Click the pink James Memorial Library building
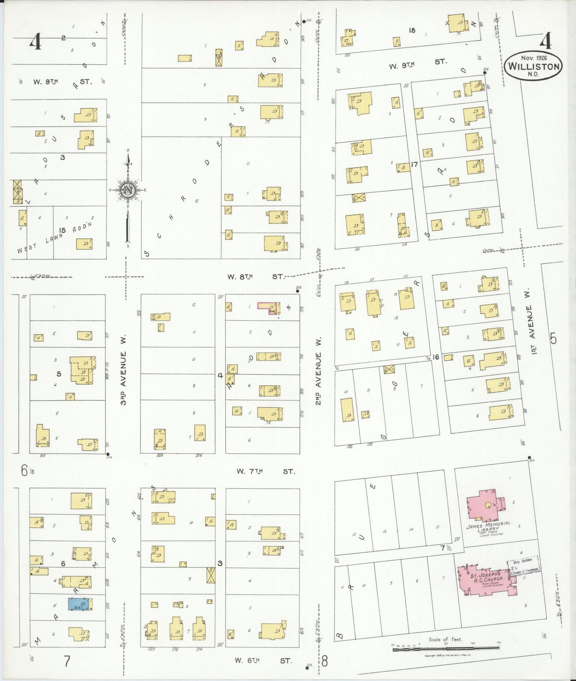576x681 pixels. (485, 506)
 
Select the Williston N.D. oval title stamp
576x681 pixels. (533, 66)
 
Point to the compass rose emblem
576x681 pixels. (128, 190)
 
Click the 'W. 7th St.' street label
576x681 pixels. (265, 472)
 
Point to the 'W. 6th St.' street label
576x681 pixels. (263, 660)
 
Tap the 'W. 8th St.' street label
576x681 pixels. (255, 276)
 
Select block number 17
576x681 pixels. (415, 164)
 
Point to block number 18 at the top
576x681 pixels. (412, 30)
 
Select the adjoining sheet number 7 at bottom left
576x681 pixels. (67, 661)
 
